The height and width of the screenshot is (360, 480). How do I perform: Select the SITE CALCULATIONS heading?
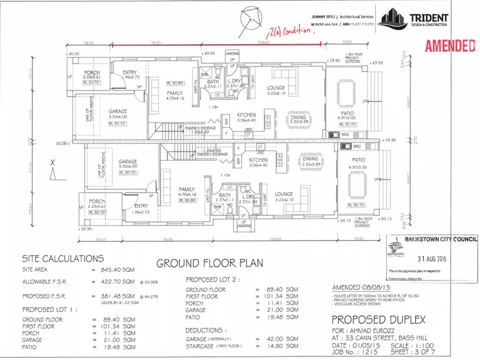click(x=63, y=259)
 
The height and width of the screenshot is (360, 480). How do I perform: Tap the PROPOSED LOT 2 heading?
click(x=214, y=280)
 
